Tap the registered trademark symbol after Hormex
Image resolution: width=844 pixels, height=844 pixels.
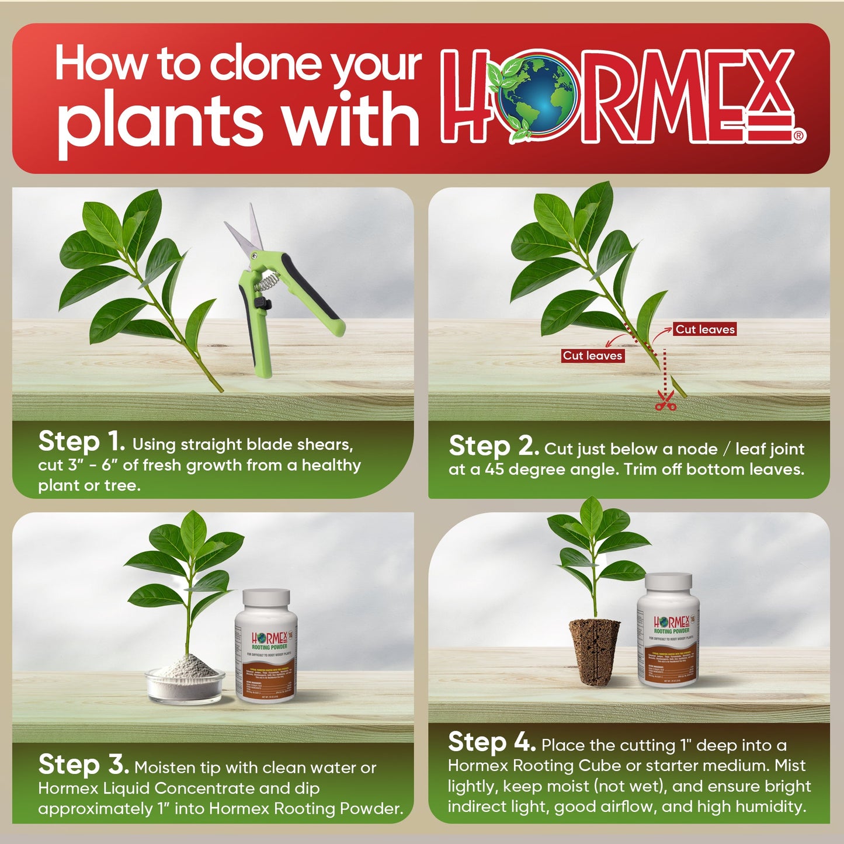pos(800,136)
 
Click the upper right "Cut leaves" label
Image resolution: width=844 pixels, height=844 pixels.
pos(704,329)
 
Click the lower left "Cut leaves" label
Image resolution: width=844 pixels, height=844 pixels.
pos(592,356)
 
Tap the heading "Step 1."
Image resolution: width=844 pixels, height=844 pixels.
pos(82,442)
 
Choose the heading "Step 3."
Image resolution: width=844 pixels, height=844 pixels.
pos(84,765)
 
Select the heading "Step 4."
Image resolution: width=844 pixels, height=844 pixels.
pos(492,742)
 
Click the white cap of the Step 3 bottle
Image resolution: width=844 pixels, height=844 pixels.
pos(266,599)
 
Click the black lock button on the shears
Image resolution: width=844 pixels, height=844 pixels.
pos(264,304)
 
